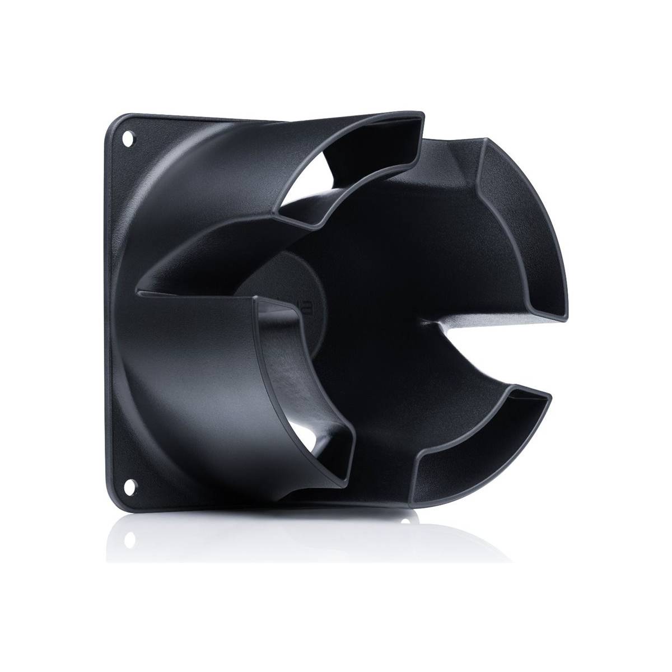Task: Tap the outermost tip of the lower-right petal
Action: (x=552, y=392)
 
